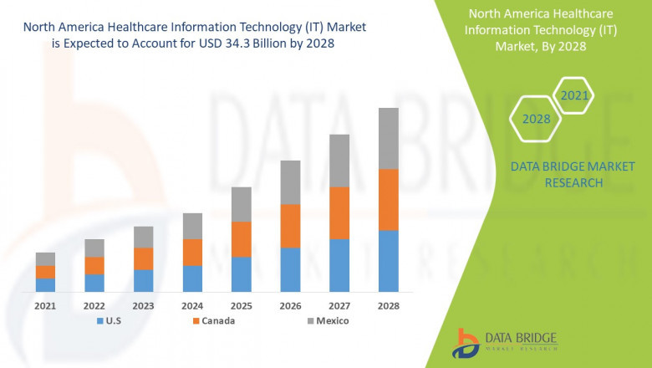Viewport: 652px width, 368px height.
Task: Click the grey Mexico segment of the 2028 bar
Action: coord(389,138)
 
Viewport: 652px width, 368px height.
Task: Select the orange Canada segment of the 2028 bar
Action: coord(389,199)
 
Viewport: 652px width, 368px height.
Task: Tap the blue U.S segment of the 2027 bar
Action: coord(339,264)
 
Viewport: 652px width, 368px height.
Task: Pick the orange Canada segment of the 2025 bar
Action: coord(242,239)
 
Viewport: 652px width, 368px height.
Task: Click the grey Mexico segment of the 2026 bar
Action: coord(290,182)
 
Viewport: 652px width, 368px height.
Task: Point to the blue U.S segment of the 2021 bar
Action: coord(45,284)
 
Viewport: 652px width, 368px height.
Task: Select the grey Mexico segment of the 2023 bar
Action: coord(144,237)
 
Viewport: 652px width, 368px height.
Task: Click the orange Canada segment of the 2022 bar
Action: coord(94,265)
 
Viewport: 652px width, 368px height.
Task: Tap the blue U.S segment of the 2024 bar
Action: coord(192,278)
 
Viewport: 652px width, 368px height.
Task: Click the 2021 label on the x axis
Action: coord(45,306)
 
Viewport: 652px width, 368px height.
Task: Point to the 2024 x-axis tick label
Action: coord(192,306)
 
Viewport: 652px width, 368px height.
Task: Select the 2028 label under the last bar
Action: coord(389,306)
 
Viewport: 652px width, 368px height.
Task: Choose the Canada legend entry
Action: coord(213,320)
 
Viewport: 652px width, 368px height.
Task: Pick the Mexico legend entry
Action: coord(326,320)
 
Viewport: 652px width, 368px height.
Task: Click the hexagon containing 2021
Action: coord(574,96)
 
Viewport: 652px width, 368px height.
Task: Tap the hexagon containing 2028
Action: coord(536,119)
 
